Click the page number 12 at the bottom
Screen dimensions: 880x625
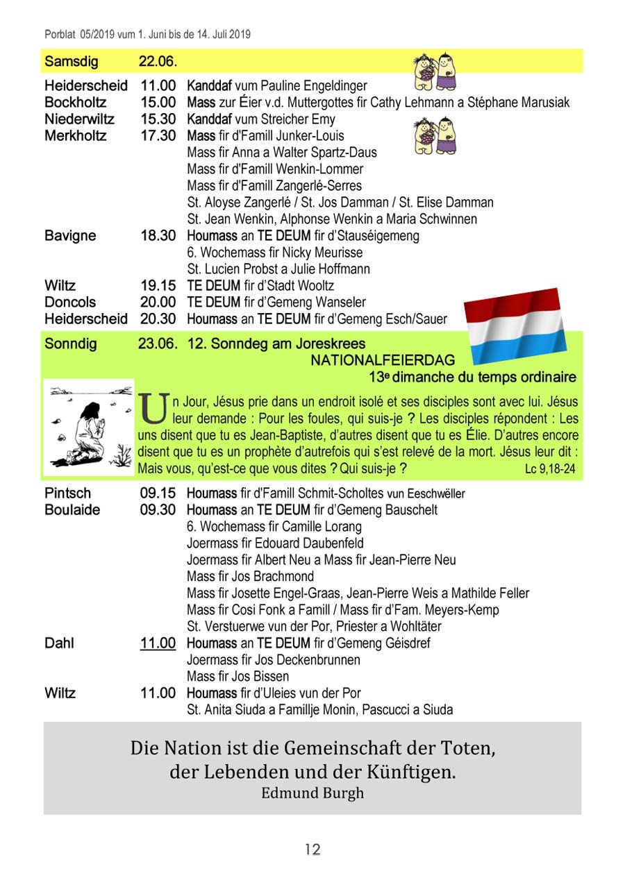(x=312, y=849)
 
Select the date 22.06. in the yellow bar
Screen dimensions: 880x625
(x=158, y=61)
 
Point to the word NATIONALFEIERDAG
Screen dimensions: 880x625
(x=383, y=361)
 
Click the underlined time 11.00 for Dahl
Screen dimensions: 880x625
(x=158, y=643)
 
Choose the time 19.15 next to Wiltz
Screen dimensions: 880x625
(x=158, y=286)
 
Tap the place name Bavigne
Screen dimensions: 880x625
(x=70, y=236)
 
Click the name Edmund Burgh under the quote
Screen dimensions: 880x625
(x=312, y=793)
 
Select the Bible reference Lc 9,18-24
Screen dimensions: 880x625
(x=550, y=470)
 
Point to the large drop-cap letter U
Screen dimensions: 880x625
(x=152, y=408)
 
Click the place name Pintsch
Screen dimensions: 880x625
(x=67, y=493)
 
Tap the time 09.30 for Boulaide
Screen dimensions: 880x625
(x=158, y=510)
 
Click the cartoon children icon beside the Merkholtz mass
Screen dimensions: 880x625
(x=435, y=136)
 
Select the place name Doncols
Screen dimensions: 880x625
(x=70, y=303)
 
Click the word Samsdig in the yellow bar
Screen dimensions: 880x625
(x=72, y=61)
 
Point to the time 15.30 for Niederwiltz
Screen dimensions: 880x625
(x=158, y=119)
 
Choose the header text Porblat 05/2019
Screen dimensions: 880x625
(x=76, y=33)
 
